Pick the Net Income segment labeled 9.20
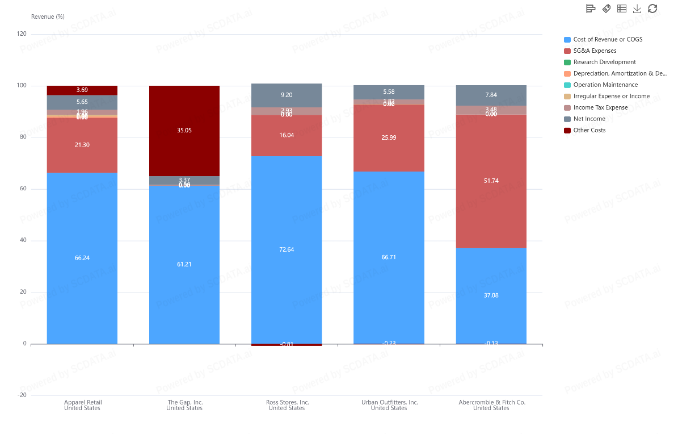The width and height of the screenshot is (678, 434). (287, 95)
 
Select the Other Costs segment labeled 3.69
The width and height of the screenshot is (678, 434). (82, 90)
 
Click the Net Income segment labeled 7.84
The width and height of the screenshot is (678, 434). (491, 95)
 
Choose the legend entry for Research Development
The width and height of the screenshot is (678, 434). (604, 62)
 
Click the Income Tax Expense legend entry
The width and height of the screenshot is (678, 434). (600, 107)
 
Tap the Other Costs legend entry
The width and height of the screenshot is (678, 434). (589, 130)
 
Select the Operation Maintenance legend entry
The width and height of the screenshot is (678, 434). (605, 85)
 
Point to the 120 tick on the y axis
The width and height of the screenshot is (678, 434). (22, 34)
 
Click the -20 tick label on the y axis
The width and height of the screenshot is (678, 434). (22, 395)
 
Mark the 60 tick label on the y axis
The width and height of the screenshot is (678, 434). (23, 189)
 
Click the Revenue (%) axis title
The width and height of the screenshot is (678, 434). (48, 16)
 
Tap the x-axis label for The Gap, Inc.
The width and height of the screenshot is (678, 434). (184, 405)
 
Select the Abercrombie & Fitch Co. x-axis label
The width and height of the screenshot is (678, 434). (491, 405)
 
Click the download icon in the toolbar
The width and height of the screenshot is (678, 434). (637, 9)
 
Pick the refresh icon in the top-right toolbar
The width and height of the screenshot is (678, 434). (652, 9)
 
